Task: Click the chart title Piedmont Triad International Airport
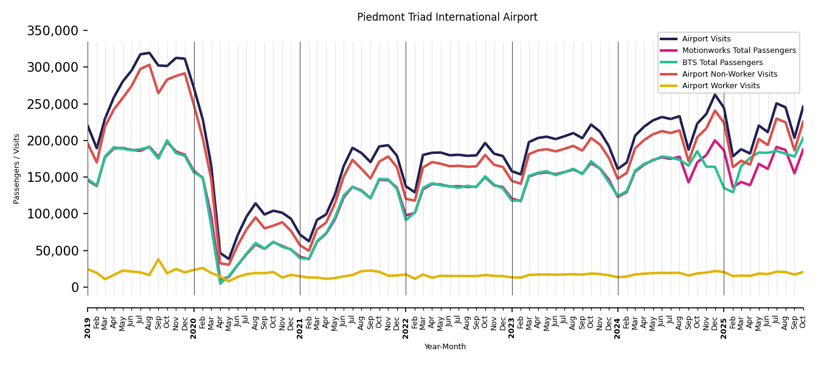click(x=447, y=18)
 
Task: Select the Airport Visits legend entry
click(x=706, y=39)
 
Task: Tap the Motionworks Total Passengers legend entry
click(x=738, y=50)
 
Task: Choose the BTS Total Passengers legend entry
click(x=722, y=63)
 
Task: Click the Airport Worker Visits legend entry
click(x=721, y=86)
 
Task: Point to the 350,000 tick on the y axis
click(x=53, y=30)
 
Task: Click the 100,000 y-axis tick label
click(x=53, y=214)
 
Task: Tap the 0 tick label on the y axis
click(x=75, y=287)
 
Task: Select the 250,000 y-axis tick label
click(x=53, y=104)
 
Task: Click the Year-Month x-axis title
click(x=445, y=347)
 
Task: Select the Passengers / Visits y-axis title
click(x=17, y=169)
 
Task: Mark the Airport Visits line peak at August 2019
click(x=150, y=53)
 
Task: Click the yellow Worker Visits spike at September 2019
click(x=158, y=260)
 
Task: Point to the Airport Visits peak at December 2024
click(x=715, y=94)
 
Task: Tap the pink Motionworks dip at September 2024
click(x=688, y=182)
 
